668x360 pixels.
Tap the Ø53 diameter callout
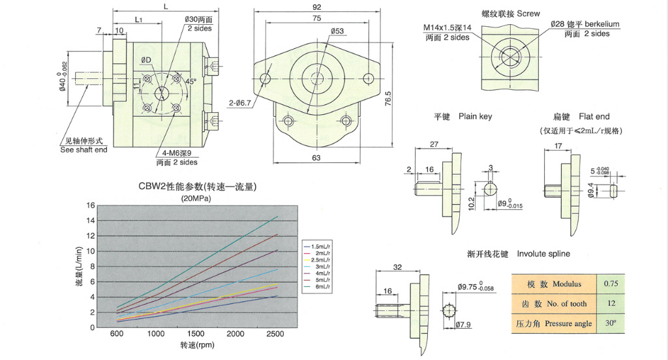(x=337, y=31)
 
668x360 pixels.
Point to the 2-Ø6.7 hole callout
(x=242, y=103)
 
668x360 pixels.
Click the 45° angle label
(x=191, y=82)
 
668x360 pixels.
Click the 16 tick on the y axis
(x=91, y=205)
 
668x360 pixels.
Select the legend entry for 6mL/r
(x=321, y=287)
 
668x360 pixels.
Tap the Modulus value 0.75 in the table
(x=610, y=284)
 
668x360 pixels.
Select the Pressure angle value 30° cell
(x=610, y=323)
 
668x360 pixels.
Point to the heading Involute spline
(x=543, y=253)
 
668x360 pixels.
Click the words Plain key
(x=475, y=117)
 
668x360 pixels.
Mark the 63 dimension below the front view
(x=316, y=157)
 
